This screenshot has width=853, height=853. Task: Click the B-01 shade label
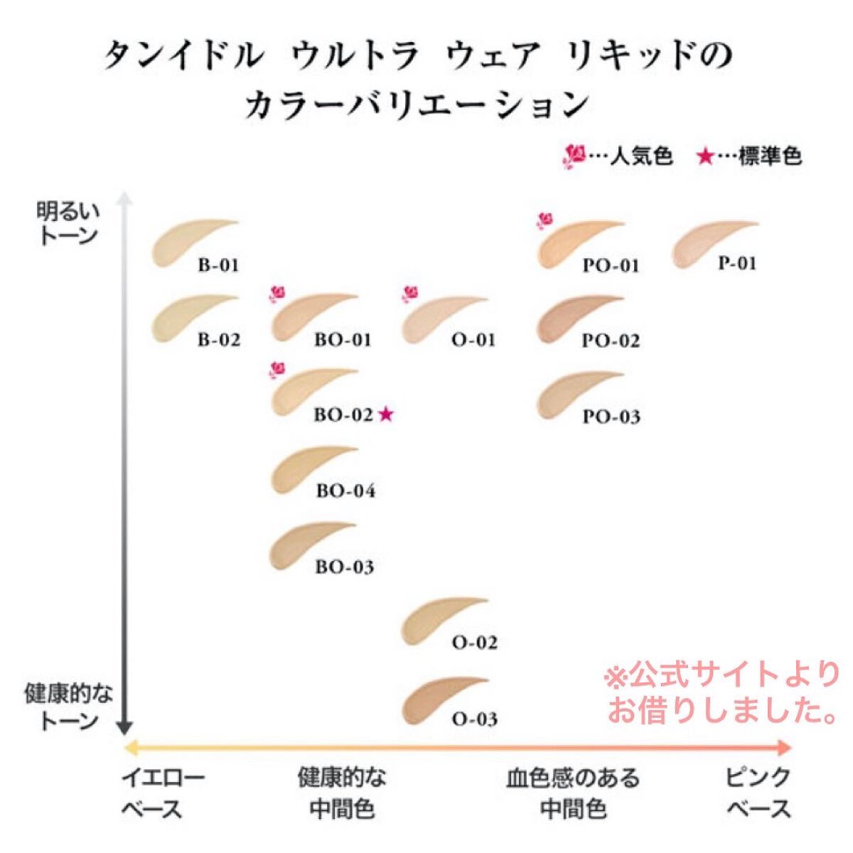[218, 266]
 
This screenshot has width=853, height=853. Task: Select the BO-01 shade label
[343, 340]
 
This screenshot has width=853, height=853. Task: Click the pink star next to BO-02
[385, 414]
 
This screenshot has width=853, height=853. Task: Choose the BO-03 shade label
[345, 567]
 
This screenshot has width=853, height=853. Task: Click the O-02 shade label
[475, 643]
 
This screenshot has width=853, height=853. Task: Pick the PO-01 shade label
[611, 266]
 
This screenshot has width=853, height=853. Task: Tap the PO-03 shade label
[611, 417]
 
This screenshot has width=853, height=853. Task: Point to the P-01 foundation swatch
[707, 244]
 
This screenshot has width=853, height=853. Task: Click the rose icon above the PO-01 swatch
[545, 220]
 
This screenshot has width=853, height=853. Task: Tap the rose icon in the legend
[573, 156]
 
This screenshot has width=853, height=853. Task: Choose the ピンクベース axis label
[758, 793]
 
